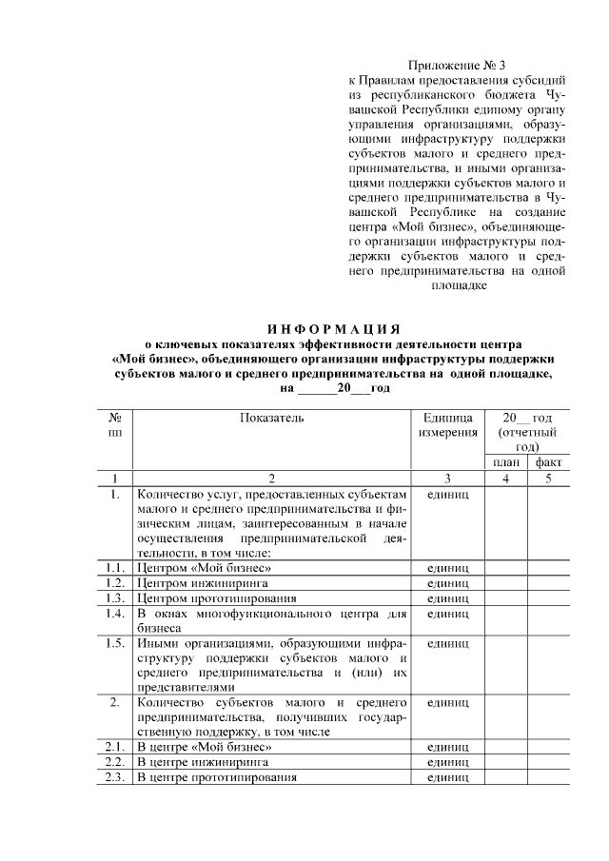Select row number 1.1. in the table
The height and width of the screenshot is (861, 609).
point(115,567)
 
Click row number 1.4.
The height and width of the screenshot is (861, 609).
point(115,614)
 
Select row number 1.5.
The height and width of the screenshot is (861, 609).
point(115,645)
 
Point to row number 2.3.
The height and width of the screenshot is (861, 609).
point(115,777)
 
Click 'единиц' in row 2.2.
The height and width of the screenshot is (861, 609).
point(448,762)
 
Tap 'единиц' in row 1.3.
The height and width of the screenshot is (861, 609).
point(448,598)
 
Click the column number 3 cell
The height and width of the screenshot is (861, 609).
point(448,478)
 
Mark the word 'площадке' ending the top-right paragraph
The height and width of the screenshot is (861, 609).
point(459,285)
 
